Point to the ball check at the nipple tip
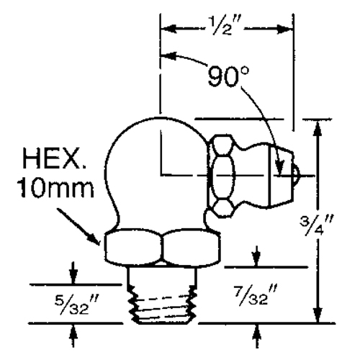click(x=297, y=172)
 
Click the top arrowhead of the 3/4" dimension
click(x=317, y=127)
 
